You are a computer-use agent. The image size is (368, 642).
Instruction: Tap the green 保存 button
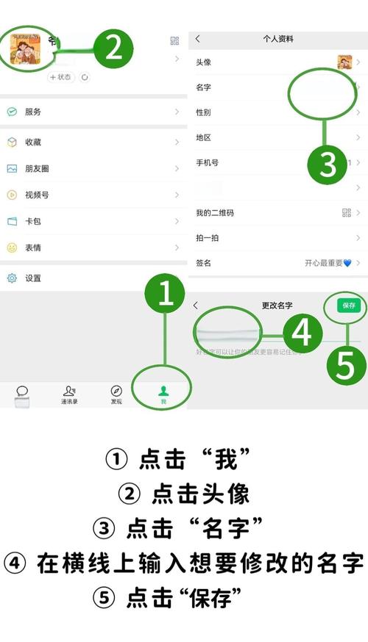pos(349,305)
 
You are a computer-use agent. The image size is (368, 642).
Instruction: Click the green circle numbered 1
pos(166,295)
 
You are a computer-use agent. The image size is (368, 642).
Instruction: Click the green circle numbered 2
pos(113,48)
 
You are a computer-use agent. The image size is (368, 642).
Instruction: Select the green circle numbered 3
pos(325,166)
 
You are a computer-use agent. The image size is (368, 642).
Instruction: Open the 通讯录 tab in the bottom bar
pos(69,394)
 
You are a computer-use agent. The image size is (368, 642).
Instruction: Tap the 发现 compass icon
pos(116,391)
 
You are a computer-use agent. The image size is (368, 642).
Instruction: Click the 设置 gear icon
pos(12,278)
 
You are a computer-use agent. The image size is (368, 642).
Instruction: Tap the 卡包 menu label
pos(32,221)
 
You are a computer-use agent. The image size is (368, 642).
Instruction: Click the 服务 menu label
pos(32,112)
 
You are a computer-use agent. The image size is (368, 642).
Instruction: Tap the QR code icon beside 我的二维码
pos(347,212)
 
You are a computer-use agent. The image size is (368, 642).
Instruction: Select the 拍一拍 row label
pos(208,238)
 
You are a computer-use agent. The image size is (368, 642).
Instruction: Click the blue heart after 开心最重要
pos(347,263)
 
